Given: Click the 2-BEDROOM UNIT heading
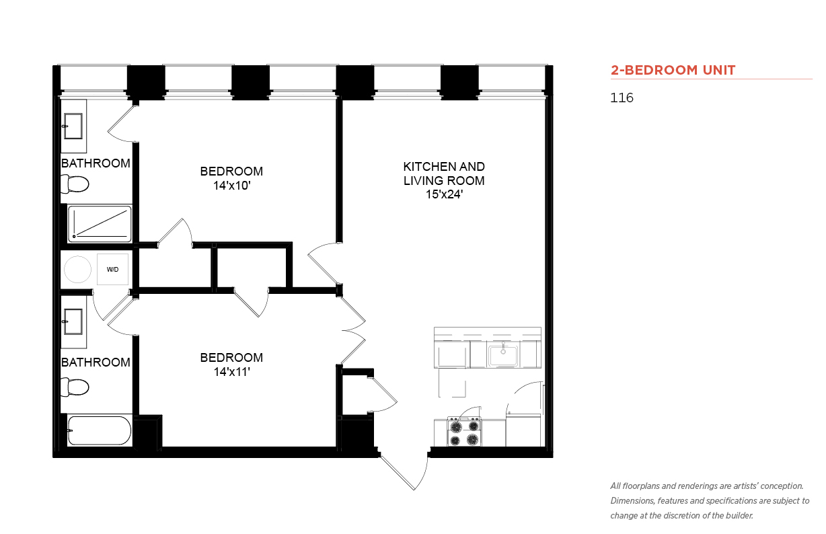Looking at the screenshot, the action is pos(673,70).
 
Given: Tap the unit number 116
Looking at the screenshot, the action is pos(622,98).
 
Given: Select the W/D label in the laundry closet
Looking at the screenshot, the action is pos(112,270).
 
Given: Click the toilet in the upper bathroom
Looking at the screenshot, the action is pos(75,184).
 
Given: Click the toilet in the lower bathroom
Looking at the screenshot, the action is pos(75,387).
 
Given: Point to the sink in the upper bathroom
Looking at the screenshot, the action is pos(73,126).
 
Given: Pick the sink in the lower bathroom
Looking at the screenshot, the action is pos(73,321).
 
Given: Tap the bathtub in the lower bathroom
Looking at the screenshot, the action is pos(100,430).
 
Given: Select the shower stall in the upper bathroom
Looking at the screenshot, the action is pos(100,224).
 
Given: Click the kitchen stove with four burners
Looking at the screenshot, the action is pos(464,432).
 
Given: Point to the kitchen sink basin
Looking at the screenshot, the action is pos(503,355).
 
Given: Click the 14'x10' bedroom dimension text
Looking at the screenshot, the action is pos(231,186).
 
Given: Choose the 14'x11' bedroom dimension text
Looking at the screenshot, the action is pos(231,372).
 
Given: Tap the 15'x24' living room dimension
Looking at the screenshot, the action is pos(444,194).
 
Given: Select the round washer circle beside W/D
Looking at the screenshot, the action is pos(77,269).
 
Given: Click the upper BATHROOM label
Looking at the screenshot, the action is pos(96,163).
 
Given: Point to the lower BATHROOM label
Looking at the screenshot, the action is pos(96,363).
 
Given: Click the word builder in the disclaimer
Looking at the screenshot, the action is pos(739,516).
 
